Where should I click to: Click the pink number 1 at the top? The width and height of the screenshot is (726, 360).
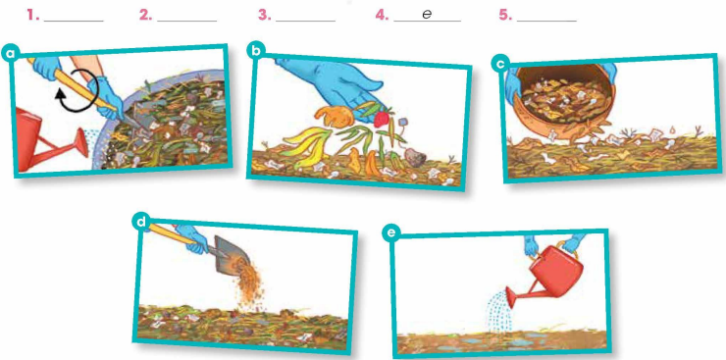coord(32,16)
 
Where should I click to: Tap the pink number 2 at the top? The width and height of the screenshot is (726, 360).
coord(146,16)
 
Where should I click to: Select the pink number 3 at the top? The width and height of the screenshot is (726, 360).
coord(264,16)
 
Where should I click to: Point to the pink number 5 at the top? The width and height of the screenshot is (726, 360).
coord(505,16)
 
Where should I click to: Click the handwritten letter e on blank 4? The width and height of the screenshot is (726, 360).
coord(427,15)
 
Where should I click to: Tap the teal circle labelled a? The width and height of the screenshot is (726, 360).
coord(11,54)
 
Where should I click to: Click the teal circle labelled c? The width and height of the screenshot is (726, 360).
coord(499,65)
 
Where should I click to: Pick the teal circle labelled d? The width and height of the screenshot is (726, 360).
coord(141,221)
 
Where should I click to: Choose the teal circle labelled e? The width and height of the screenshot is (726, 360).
coord(391,233)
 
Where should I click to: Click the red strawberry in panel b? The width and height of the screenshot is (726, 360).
coord(381,119)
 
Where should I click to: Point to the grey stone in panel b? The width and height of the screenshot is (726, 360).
coord(415,158)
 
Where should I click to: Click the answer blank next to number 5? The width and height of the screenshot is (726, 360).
coord(546,21)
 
